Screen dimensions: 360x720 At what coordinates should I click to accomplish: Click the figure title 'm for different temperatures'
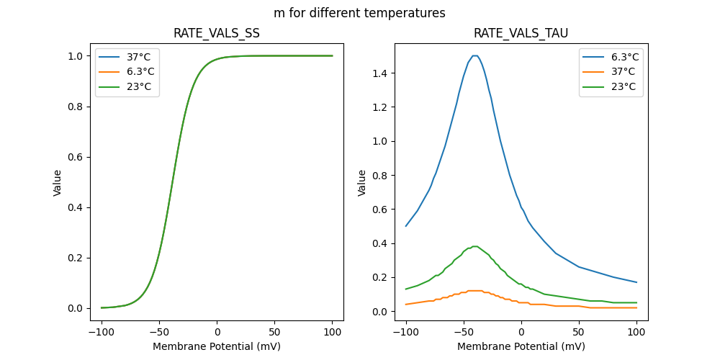tap(359, 13)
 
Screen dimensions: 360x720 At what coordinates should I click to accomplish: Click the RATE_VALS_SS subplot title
tap(217, 34)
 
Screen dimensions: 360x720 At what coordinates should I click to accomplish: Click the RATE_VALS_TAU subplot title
tap(521, 34)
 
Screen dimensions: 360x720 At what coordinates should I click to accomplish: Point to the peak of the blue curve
tap(474, 55)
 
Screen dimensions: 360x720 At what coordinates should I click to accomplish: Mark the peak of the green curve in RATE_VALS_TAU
tap(474, 246)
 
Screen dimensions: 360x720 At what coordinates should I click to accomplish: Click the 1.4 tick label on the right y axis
tap(379, 73)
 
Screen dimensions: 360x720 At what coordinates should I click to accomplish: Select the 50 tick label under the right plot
tap(579, 333)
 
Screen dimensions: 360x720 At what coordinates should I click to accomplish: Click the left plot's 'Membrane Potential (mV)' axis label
tap(217, 346)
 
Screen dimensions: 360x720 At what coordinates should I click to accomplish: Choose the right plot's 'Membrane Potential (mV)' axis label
tap(521, 346)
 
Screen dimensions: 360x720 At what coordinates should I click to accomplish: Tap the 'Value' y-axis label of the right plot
tap(362, 183)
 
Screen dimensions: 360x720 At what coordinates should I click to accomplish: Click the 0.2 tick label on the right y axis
tap(379, 277)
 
